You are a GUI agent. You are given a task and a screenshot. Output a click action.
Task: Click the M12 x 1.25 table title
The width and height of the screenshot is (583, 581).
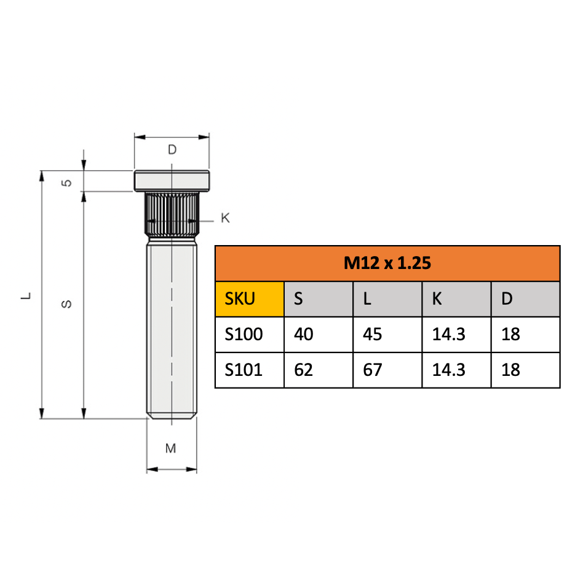pyautogui.click(x=387, y=263)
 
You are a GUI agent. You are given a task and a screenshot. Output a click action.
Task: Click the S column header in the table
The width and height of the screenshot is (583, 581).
pyautogui.click(x=299, y=299)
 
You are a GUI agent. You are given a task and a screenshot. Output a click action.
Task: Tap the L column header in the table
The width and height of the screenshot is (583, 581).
pyautogui.click(x=367, y=299)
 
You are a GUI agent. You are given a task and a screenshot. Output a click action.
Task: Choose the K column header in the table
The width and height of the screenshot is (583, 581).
pyautogui.click(x=437, y=299)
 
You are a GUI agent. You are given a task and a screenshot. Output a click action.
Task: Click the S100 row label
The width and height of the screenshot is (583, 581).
pyautogui.click(x=244, y=334)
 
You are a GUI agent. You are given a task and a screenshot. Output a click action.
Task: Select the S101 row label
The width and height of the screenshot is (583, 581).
pyautogui.click(x=244, y=370)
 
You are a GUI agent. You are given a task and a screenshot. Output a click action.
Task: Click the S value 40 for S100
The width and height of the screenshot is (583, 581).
pyautogui.click(x=304, y=334)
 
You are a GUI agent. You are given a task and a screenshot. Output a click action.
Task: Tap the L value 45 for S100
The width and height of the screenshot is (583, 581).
pyautogui.click(x=373, y=334)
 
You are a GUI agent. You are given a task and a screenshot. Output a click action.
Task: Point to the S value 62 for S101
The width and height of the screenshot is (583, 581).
pyautogui.click(x=304, y=370)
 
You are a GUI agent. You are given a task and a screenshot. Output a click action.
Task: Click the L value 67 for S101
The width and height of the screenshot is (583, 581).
pyautogui.click(x=373, y=370)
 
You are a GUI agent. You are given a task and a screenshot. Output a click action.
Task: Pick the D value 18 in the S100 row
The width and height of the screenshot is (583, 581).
pyautogui.click(x=510, y=334)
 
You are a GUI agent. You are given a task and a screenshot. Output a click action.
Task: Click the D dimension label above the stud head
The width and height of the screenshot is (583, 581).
pyautogui.click(x=172, y=149)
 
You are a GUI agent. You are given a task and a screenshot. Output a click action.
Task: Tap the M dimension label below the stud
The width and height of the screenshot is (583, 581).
pyautogui.click(x=171, y=448)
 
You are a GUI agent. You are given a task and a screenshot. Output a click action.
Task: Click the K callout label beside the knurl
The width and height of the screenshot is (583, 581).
pyautogui.click(x=225, y=218)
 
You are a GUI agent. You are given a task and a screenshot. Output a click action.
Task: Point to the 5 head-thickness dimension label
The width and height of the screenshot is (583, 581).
pyautogui.click(x=68, y=182)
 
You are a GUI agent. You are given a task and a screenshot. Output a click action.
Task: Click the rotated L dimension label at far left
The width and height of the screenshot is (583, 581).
pyautogui.click(x=26, y=295)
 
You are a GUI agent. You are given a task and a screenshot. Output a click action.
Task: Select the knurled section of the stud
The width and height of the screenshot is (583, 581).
pyautogui.click(x=172, y=215)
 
